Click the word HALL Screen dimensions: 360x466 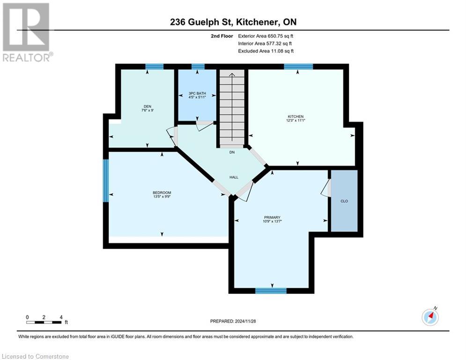234,177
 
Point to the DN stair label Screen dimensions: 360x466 232,152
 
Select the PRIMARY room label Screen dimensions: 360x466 272,217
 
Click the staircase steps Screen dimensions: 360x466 232,108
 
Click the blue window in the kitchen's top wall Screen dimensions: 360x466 298,67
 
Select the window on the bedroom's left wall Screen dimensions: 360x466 106,180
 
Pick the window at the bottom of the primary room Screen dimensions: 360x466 271,291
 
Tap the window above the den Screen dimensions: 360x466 154,67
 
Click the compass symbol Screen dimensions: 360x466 429,317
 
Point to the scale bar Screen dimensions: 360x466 44,322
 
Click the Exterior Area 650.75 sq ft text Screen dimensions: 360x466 266,36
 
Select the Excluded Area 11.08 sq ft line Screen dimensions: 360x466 266,51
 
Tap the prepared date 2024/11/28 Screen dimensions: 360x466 233,321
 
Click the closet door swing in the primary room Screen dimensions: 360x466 326,188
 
